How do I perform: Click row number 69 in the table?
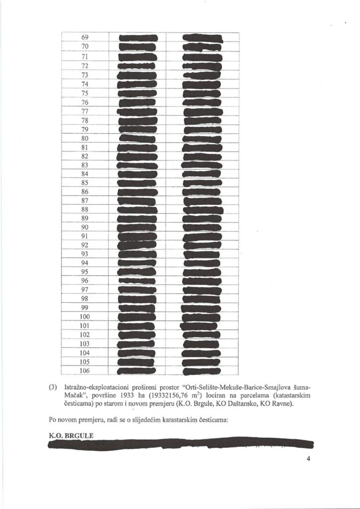[x=85, y=38]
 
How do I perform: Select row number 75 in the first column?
[x=85, y=93]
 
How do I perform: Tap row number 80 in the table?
[x=85, y=138]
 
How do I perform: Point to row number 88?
[x=85, y=209]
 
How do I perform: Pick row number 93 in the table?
[x=85, y=254]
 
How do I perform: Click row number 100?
[x=85, y=317]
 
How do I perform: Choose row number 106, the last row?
[x=85, y=370]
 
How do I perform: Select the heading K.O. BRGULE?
[x=71, y=436]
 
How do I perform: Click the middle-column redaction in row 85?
[x=137, y=183]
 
